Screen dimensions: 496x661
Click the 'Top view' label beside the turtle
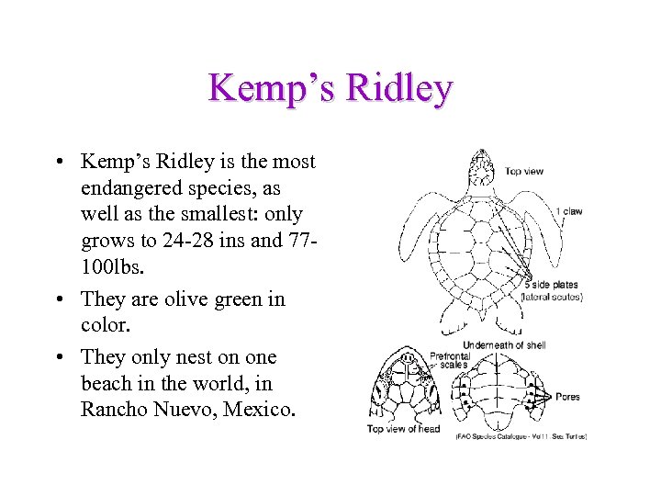(524, 171)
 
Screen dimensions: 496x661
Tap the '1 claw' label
(568, 211)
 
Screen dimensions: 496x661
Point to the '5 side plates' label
(552, 285)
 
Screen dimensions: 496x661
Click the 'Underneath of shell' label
(505, 344)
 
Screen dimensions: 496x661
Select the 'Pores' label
(567, 397)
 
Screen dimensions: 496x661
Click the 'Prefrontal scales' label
(450, 359)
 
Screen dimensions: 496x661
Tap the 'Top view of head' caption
(403, 428)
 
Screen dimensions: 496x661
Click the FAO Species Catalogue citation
(521, 436)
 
